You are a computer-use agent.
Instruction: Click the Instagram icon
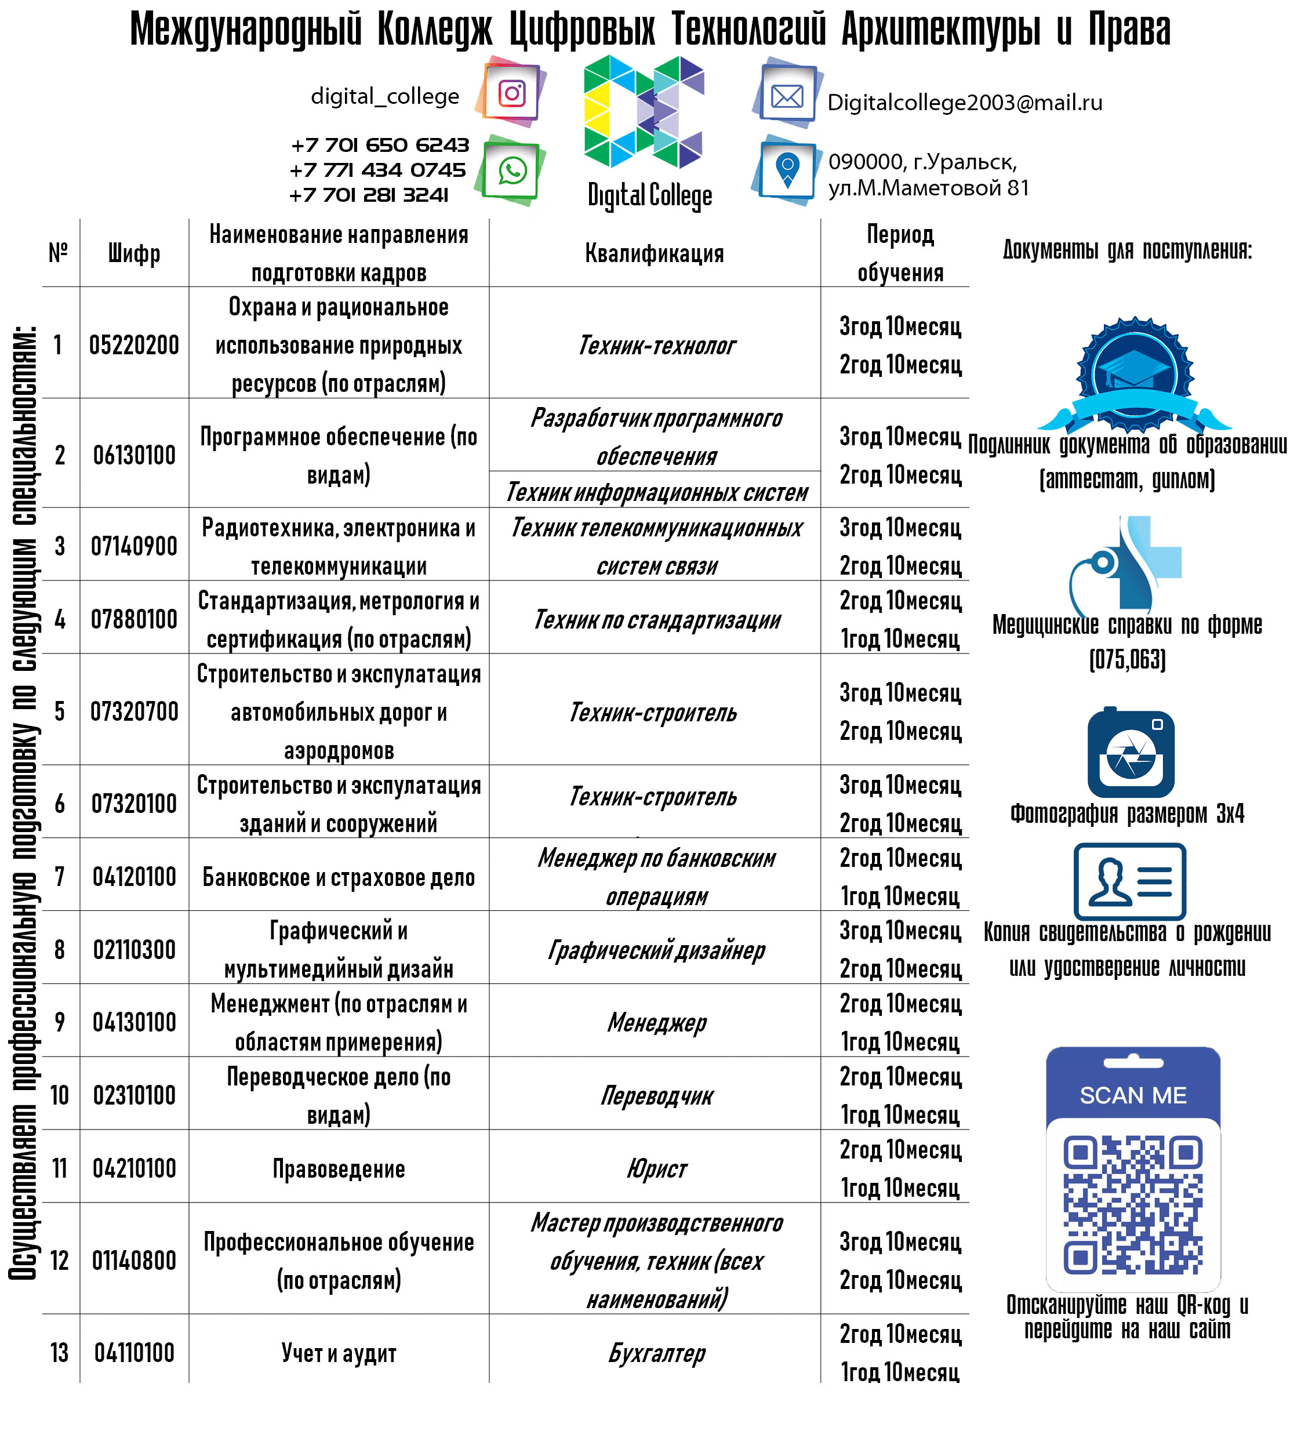coord(511,93)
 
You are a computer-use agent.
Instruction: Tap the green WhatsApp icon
coord(511,171)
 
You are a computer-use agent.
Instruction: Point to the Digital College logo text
coord(650,195)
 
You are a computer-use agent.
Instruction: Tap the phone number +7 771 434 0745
coord(377,170)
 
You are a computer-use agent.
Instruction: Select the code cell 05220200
coord(134,345)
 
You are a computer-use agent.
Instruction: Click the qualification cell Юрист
coord(656,1169)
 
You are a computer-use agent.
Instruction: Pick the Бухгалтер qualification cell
coord(656,1352)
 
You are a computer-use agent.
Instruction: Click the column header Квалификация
coord(654,253)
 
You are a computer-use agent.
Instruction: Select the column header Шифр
coord(134,253)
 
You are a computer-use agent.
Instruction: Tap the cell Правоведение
coord(339,1169)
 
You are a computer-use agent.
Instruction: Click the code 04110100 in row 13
coord(134,1352)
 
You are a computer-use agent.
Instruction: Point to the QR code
coord(1133,1205)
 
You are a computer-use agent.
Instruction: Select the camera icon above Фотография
coord(1131,753)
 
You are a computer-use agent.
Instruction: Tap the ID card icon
coord(1130,881)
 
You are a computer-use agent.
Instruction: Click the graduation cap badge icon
coord(1134,375)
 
